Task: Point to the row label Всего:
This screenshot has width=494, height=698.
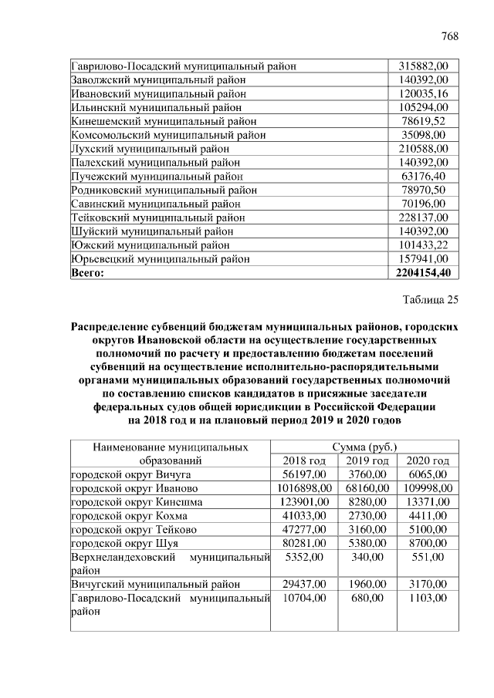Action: [x=86, y=273]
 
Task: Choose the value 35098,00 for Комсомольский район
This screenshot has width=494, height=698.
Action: [x=431, y=134]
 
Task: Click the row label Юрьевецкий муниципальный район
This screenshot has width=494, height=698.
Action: [x=160, y=259]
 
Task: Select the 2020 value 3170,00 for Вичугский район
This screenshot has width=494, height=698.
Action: [x=428, y=585]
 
